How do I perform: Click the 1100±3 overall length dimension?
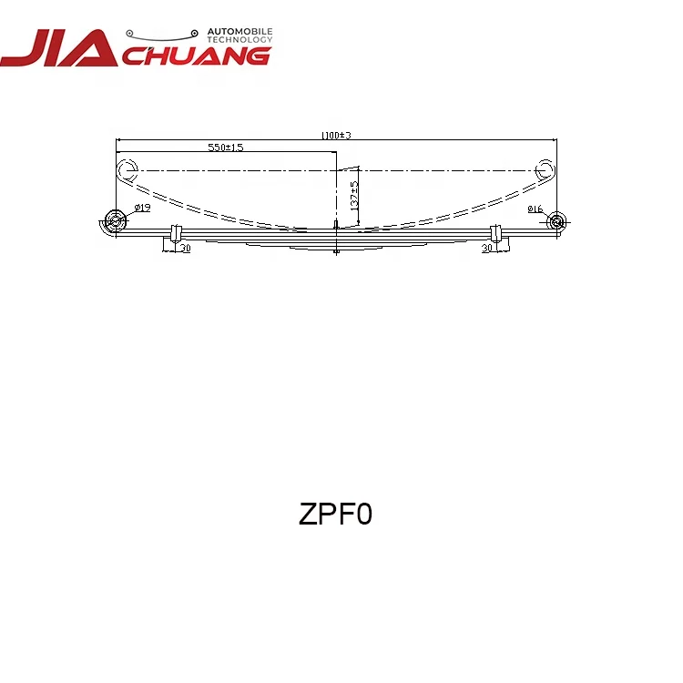coord(336,136)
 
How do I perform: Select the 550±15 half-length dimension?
coord(225,147)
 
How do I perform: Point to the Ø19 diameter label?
coord(142,209)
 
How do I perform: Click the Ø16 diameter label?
coord(534,209)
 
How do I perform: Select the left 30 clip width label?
coord(185,248)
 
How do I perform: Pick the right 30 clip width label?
coord(486,248)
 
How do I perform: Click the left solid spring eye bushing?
coord(116,219)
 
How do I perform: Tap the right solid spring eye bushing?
coord(556,220)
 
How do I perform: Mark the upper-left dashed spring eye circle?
coord(127,168)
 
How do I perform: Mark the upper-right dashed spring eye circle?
coord(545,169)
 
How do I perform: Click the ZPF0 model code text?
coord(335,515)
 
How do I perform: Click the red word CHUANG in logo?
coord(195,55)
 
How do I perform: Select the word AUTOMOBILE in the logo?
coord(240,31)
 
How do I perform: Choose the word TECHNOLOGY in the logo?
coord(240,40)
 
